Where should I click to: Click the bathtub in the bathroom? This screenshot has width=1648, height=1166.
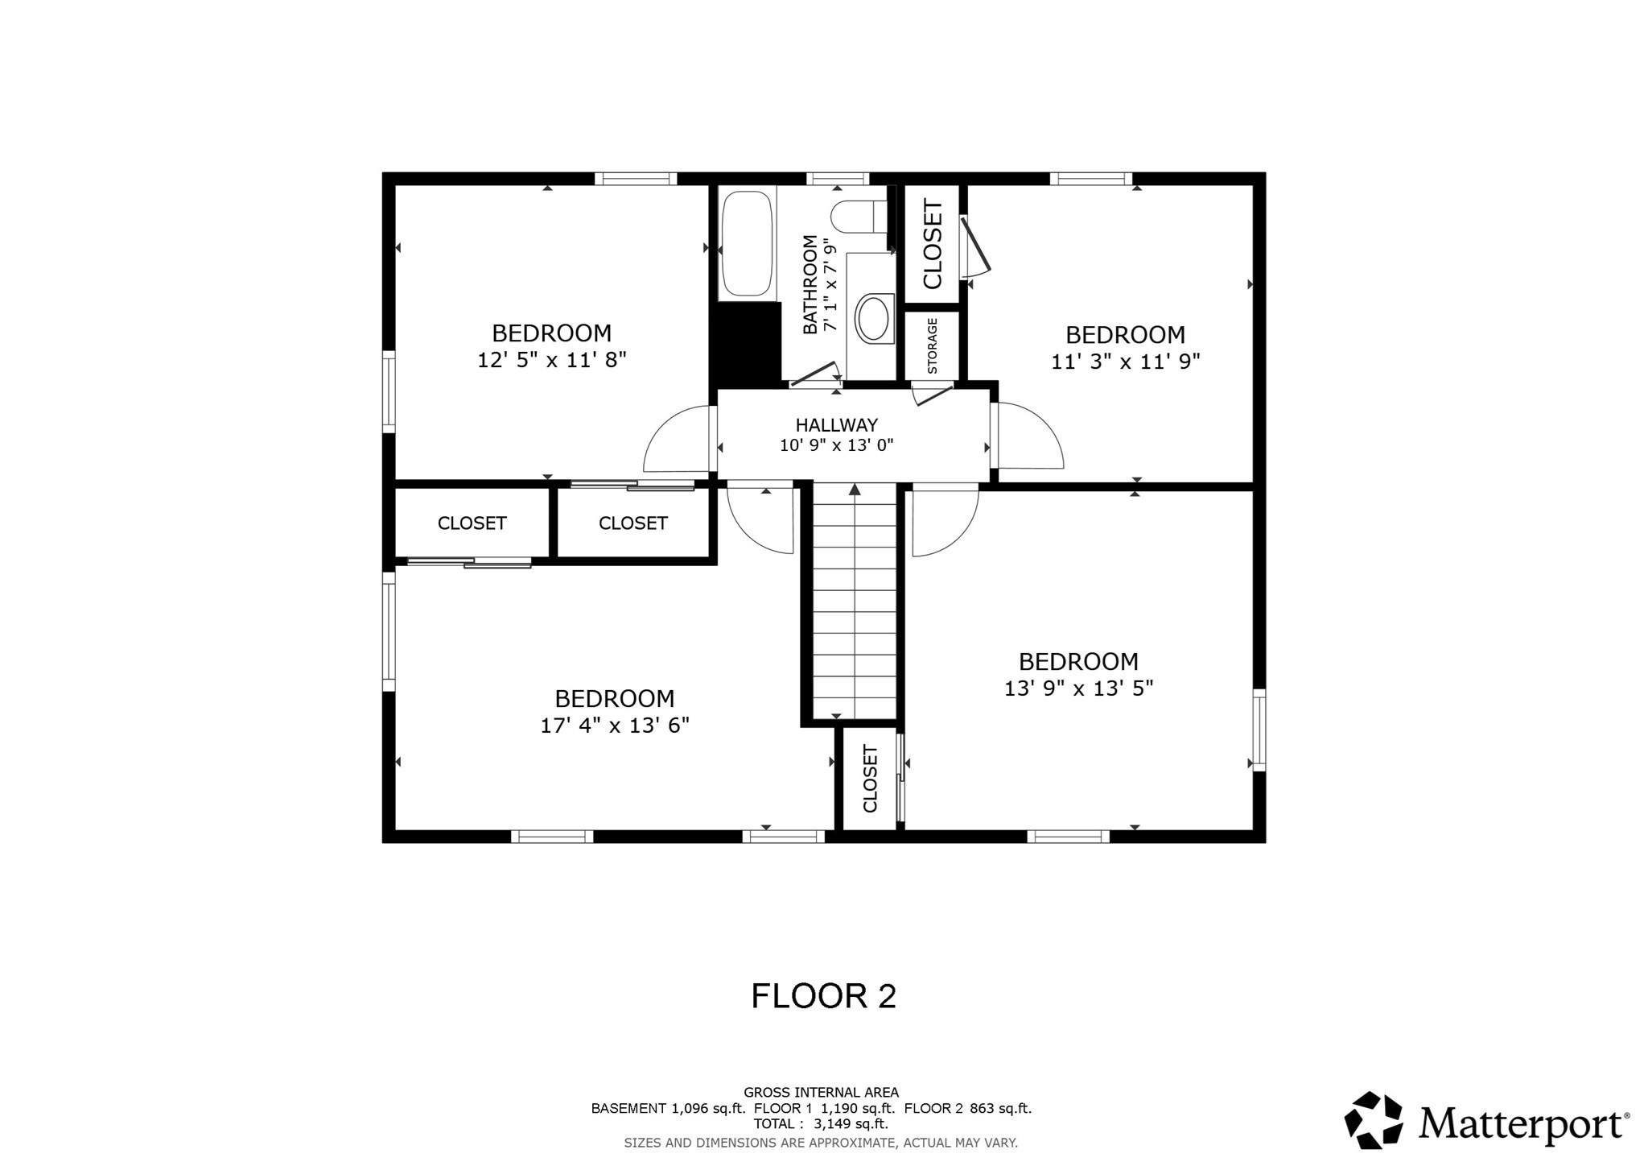point(747,243)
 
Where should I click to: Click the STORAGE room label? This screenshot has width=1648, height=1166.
point(933,346)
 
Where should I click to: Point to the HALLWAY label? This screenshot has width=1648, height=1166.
point(836,425)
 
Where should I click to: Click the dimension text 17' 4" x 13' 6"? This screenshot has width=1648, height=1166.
point(614,726)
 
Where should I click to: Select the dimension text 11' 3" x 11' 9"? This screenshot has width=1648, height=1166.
point(1125,362)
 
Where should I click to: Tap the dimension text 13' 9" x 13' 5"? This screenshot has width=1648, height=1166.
point(1078,688)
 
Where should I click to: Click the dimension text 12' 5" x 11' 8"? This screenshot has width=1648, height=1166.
point(551,360)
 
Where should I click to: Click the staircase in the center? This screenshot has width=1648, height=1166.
point(855,600)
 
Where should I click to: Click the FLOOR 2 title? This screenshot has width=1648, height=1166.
point(822,996)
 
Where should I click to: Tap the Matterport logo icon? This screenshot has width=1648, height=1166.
point(1373,1119)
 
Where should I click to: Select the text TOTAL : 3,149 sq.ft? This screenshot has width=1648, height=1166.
point(820,1123)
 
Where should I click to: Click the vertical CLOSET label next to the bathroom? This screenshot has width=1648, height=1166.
point(933,244)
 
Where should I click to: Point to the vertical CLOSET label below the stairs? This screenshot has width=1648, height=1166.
point(870,779)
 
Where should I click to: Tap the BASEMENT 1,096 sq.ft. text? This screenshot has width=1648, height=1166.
point(668,1108)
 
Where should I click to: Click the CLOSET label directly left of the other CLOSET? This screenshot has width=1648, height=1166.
point(472,523)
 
